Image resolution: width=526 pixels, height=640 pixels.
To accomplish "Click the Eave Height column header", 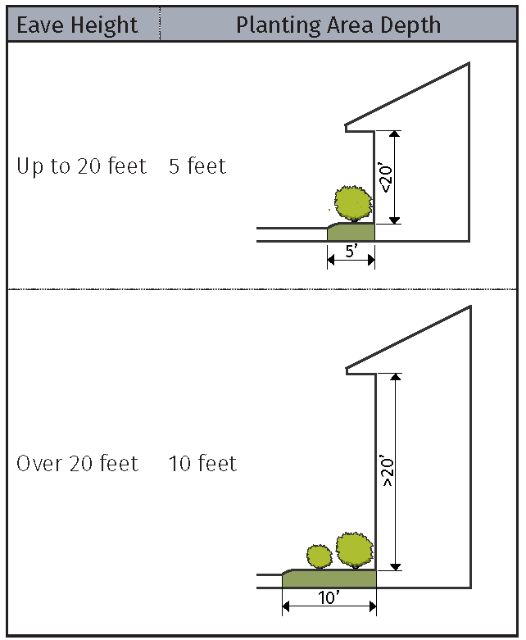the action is tap(78, 25).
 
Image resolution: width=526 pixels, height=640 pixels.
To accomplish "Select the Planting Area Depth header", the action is tap(338, 25).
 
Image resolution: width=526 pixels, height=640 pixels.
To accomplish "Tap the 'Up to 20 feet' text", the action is tap(81, 166).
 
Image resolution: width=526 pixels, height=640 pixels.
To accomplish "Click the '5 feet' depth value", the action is tap(197, 166).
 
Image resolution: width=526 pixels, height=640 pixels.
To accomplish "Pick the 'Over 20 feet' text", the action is tap(78, 464).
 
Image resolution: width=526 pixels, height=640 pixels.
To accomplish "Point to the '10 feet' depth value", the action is tap(202, 464).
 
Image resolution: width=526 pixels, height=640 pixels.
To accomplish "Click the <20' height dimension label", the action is tap(386, 177).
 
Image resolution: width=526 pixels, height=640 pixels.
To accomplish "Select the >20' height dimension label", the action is tap(388, 472).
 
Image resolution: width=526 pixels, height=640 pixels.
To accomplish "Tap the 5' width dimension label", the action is tap(351, 252).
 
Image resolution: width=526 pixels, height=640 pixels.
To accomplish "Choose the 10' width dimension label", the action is tap(329, 598).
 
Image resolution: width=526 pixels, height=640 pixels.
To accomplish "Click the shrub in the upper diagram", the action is tap(354, 202).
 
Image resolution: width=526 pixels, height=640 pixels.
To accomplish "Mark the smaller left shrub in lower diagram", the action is tap(317, 557).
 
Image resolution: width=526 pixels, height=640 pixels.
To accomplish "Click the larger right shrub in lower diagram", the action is tap(355, 550).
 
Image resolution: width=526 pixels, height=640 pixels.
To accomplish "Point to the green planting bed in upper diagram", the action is tap(351, 232).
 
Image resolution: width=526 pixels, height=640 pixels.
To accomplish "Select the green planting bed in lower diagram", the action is tap(329, 579).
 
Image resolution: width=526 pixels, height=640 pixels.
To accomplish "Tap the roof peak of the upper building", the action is tap(468, 65).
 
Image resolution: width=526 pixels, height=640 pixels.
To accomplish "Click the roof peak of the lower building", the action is tap(469, 308).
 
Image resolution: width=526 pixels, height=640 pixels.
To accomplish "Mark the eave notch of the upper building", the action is tap(347, 127).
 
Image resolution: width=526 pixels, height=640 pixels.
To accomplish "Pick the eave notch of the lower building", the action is tap(349, 370).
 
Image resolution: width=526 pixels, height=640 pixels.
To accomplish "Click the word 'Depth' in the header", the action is tap(414, 25).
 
